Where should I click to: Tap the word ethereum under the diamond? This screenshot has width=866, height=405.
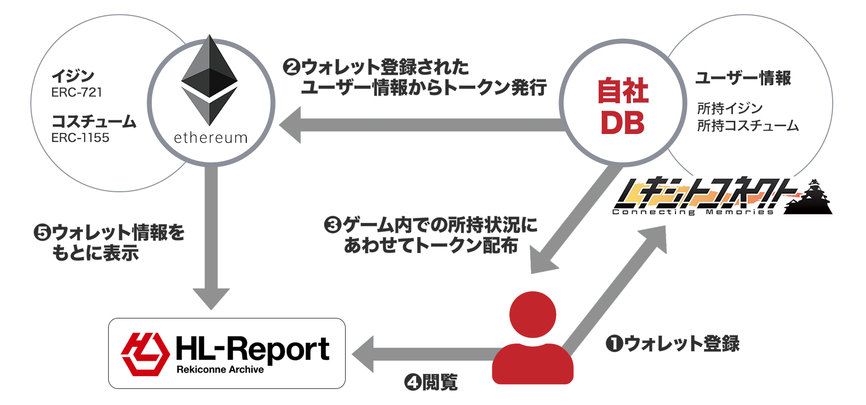211,138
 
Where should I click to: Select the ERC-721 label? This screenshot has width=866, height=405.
77,92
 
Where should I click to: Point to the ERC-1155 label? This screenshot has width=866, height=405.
80,138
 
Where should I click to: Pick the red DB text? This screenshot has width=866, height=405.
623,123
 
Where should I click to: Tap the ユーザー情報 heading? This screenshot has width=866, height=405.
743,78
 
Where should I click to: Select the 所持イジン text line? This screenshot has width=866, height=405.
730,108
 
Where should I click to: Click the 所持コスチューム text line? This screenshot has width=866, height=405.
748,126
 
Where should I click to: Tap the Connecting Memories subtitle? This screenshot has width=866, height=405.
693,212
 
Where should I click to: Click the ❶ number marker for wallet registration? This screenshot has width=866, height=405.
614,343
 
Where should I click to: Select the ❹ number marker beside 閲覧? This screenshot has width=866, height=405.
413,382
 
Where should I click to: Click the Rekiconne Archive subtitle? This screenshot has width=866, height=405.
220,370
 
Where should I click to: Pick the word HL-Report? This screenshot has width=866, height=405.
253,349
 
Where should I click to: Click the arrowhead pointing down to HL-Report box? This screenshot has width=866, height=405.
211,299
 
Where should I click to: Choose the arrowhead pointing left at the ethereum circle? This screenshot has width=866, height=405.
290,125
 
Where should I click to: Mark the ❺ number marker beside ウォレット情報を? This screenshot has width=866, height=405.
42,232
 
